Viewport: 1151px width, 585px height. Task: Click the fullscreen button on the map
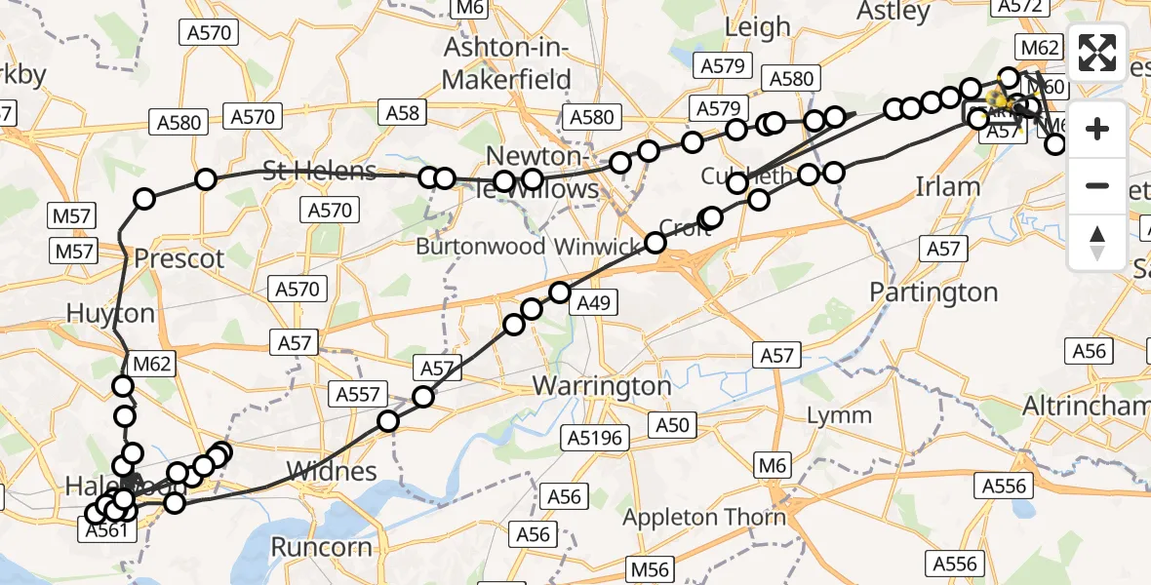pyautogui.click(x=1097, y=53)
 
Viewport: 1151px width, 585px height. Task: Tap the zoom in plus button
pyautogui.click(x=1097, y=129)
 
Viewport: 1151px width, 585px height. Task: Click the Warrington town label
pyautogui.click(x=602, y=386)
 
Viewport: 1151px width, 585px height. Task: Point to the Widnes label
pyautogui.click(x=333, y=472)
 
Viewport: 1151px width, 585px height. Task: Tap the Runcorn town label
pyautogui.click(x=321, y=547)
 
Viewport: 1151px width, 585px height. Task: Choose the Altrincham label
pyautogui.click(x=1086, y=406)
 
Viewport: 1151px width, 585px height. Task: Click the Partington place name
pyautogui.click(x=933, y=292)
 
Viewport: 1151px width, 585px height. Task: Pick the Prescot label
pyautogui.click(x=179, y=259)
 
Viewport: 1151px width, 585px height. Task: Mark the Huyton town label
pyautogui.click(x=110, y=314)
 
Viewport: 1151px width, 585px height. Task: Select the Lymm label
pyautogui.click(x=839, y=416)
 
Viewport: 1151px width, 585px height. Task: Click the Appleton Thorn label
pyautogui.click(x=704, y=517)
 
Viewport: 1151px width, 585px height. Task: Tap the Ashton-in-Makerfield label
pyautogui.click(x=505, y=64)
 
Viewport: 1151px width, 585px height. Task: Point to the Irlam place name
pyautogui.click(x=947, y=187)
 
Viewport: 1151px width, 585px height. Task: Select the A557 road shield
pyautogui.click(x=358, y=395)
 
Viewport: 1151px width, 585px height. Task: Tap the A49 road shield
pyautogui.click(x=593, y=303)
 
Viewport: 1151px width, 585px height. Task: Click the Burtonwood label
pyautogui.click(x=480, y=247)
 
